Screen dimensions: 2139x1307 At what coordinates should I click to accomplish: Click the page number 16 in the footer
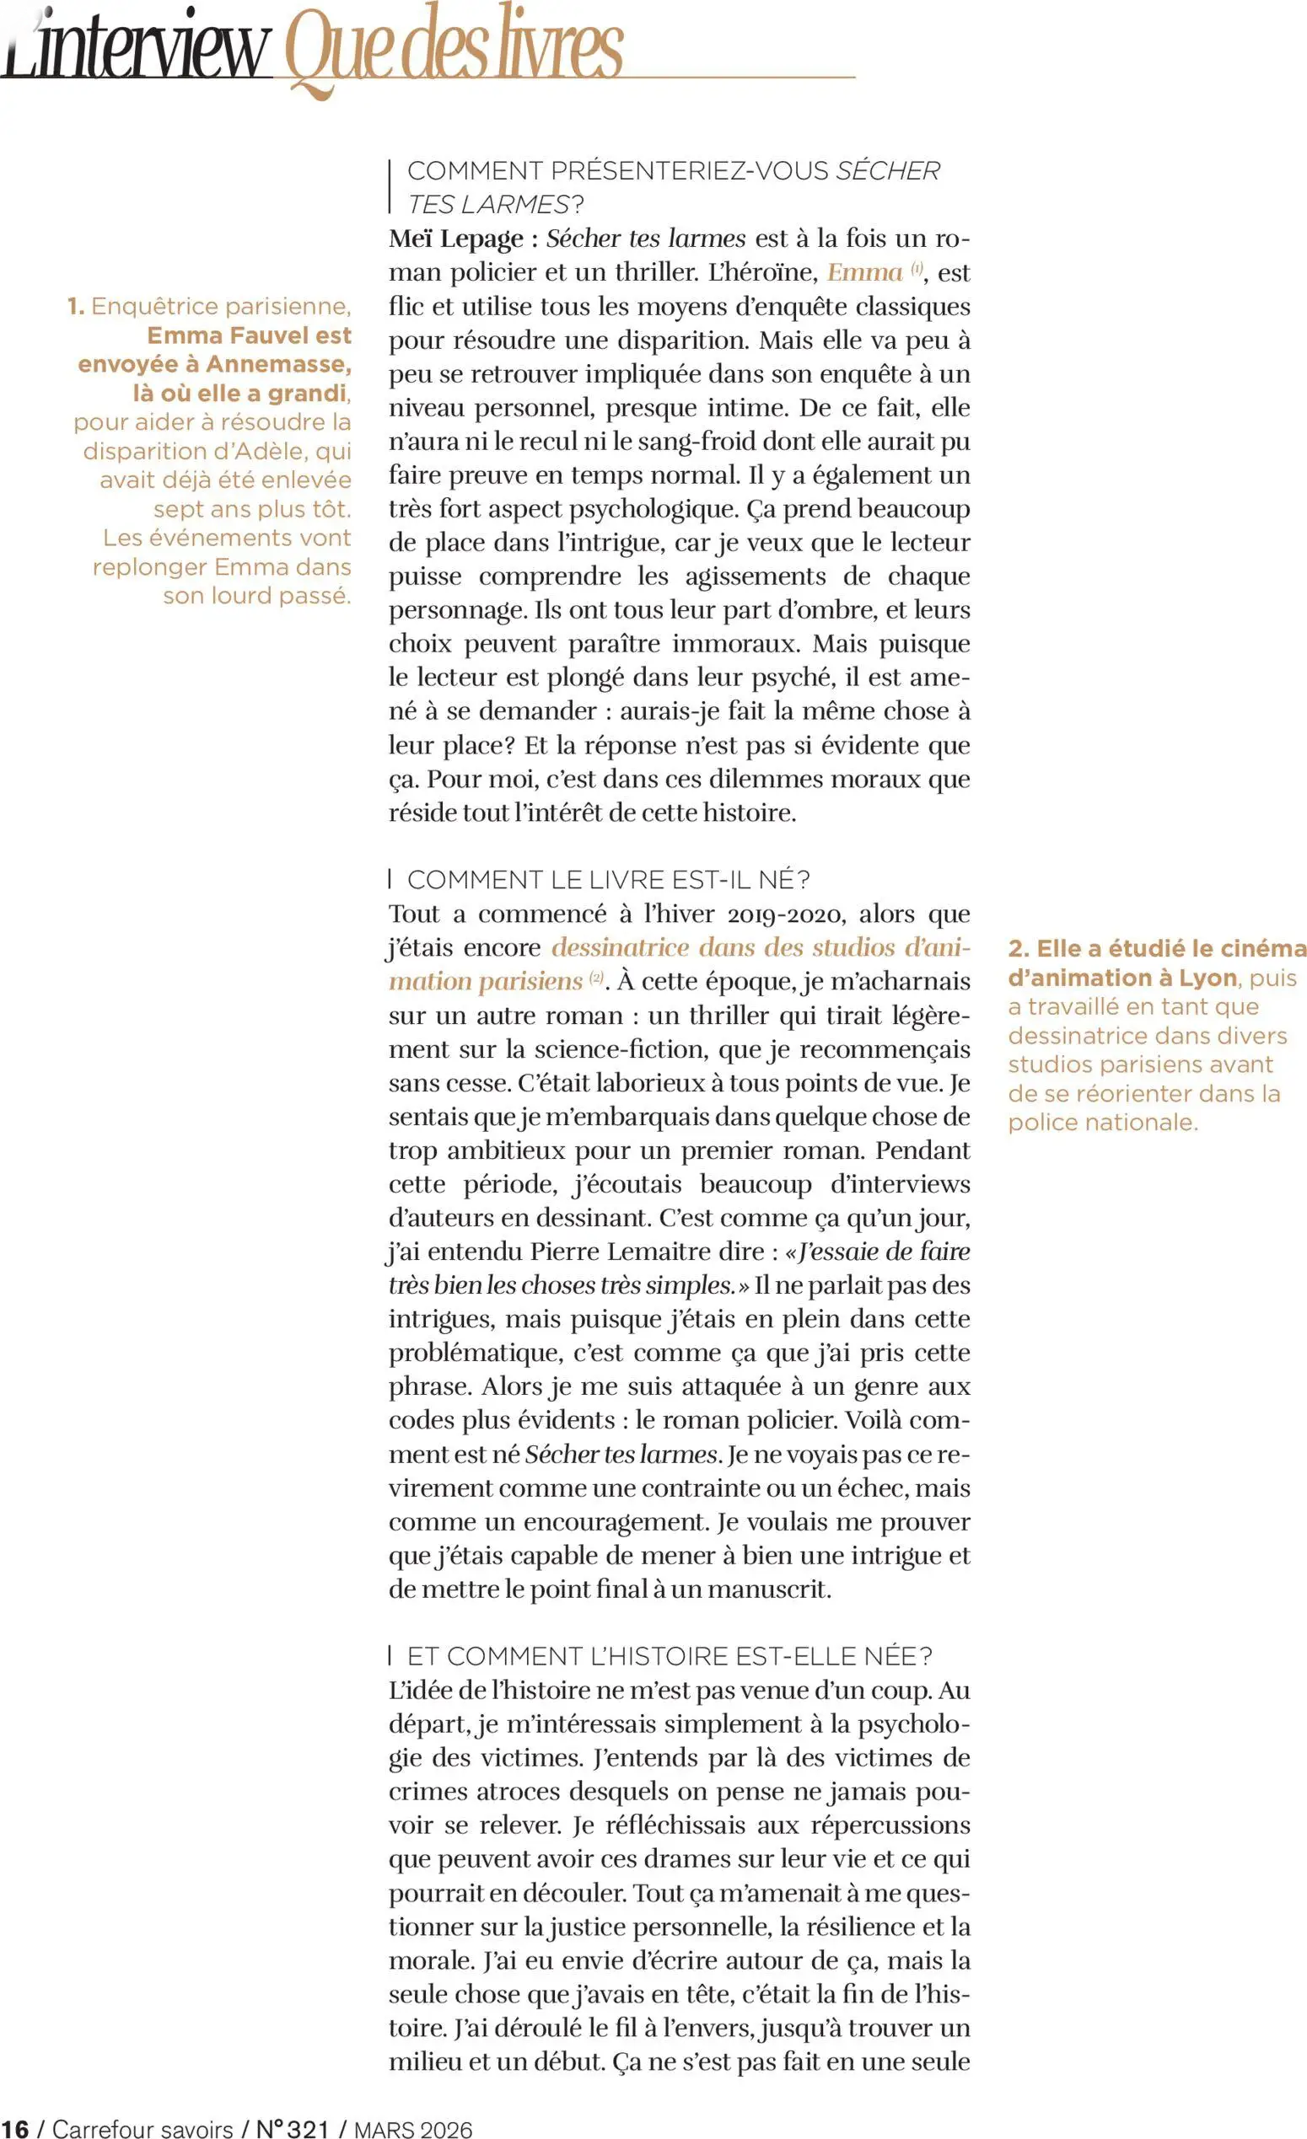click(15, 2128)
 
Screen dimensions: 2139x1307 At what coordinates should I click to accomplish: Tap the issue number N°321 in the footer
click(293, 2128)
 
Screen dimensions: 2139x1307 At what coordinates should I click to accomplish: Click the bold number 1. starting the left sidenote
click(76, 307)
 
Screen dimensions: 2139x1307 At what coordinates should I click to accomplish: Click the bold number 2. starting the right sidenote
click(1018, 948)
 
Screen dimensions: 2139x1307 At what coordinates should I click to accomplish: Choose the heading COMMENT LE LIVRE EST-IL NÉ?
click(608, 879)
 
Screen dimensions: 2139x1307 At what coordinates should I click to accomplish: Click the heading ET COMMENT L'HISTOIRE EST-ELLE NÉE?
click(669, 1656)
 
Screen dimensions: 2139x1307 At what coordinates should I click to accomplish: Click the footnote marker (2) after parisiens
click(596, 978)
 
